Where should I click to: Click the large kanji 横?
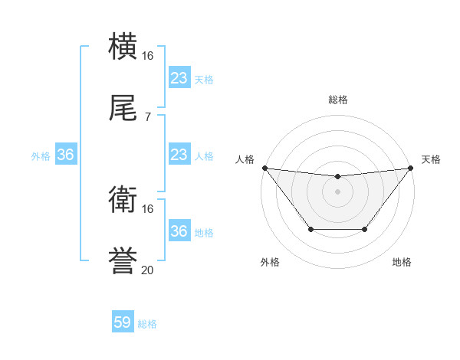pos(123,47)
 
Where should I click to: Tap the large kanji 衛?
pos(123,201)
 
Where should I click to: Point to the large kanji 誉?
pos(123,261)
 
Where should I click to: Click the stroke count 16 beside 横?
pos(148,56)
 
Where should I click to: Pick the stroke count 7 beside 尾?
pos(148,116)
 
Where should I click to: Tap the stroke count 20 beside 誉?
pos(148,270)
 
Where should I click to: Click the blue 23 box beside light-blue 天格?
pos(179,77)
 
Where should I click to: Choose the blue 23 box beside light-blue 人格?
pos(179,155)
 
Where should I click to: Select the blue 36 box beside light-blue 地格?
pos(179,231)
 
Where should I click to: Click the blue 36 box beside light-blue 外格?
pos(66,155)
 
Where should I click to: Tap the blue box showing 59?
pos(123,322)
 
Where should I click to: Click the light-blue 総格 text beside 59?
pos(148,324)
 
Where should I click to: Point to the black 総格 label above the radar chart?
pos(338,100)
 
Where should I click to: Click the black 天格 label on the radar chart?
pos(432,159)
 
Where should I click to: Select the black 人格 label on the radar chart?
pos(245,159)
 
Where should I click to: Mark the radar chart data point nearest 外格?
pos(310,229)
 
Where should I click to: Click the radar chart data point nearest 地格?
pos(365,229)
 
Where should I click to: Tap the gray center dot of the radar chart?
pos(337,191)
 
